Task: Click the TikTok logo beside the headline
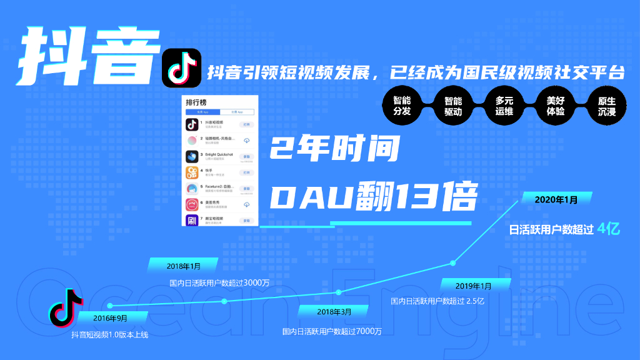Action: click(x=181, y=68)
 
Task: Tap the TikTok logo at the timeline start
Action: click(x=66, y=307)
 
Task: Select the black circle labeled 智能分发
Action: click(x=402, y=106)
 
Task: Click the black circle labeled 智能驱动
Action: click(x=453, y=106)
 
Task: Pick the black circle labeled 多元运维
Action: click(x=504, y=106)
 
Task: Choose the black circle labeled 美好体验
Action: click(x=556, y=106)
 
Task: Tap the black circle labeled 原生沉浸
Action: click(x=607, y=106)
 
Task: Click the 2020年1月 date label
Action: click(x=556, y=199)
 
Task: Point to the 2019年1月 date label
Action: click(x=473, y=286)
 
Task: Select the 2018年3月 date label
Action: click(x=334, y=311)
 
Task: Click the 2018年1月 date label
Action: click(x=184, y=266)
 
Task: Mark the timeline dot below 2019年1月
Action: click(x=453, y=262)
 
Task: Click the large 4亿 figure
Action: click(x=608, y=229)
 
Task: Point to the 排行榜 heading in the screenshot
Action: click(x=196, y=102)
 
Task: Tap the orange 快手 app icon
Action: click(x=192, y=172)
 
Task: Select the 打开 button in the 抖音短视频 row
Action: click(x=246, y=124)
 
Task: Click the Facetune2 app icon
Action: click(x=192, y=189)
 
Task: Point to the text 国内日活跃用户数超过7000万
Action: click(x=332, y=331)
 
